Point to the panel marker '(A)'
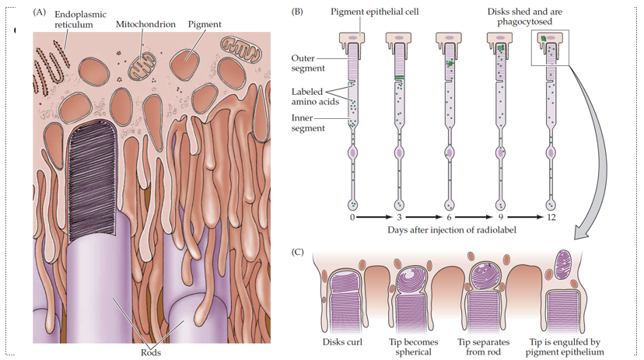point(40,13)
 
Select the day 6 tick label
point(450,218)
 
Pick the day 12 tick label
point(551,218)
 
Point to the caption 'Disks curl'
point(343,342)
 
